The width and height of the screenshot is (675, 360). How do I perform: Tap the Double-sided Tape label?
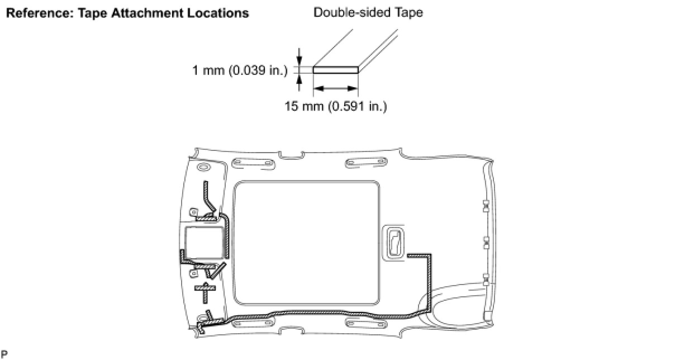pyautogui.click(x=368, y=13)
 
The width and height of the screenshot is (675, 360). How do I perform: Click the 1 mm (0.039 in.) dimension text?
pyautogui.click(x=240, y=70)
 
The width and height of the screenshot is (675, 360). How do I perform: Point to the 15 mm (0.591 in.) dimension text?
pyautogui.click(x=335, y=106)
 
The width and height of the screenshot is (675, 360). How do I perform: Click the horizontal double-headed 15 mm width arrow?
pyautogui.click(x=336, y=88)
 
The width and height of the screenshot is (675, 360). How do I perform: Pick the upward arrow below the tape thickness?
pyautogui.click(x=299, y=83)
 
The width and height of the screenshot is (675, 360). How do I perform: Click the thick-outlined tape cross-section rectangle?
pyautogui.click(x=336, y=70)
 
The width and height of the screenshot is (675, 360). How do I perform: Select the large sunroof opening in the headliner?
pyautogui.click(x=306, y=243)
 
